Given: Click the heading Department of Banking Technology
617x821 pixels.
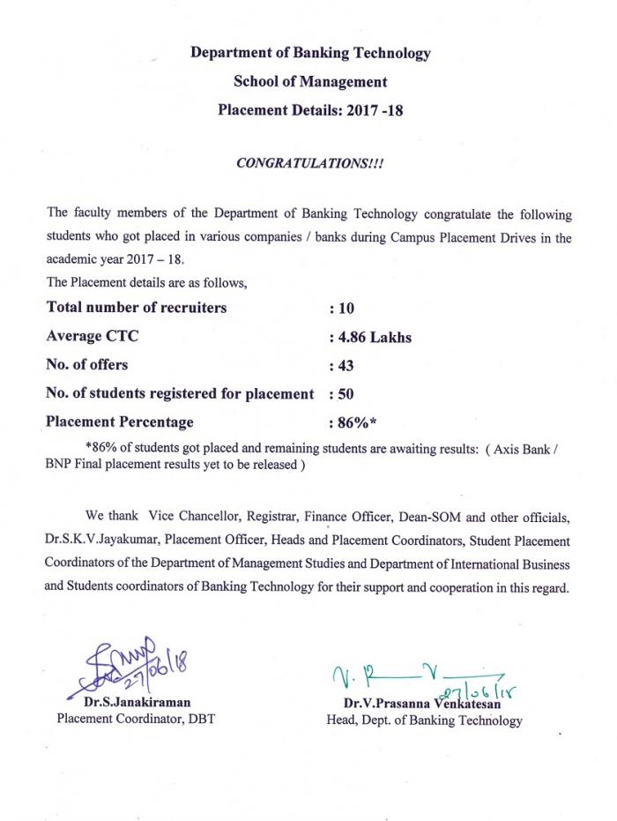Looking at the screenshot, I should tap(310, 53).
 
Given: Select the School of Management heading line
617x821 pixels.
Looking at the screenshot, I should tap(310, 82).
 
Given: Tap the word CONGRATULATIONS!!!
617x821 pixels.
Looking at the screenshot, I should tap(309, 165).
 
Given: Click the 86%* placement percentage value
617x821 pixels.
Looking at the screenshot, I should tap(353, 422).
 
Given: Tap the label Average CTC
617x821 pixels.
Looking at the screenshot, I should tap(92, 336).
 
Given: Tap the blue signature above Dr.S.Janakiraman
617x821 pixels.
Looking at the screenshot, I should tap(132, 666).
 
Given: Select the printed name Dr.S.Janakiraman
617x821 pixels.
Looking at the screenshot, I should tap(137, 702).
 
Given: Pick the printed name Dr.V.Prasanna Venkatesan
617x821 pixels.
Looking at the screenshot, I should tap(424, 703).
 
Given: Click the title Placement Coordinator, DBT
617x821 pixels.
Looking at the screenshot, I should tap(136, 719).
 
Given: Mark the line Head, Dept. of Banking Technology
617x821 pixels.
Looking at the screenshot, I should tap(424, 720).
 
